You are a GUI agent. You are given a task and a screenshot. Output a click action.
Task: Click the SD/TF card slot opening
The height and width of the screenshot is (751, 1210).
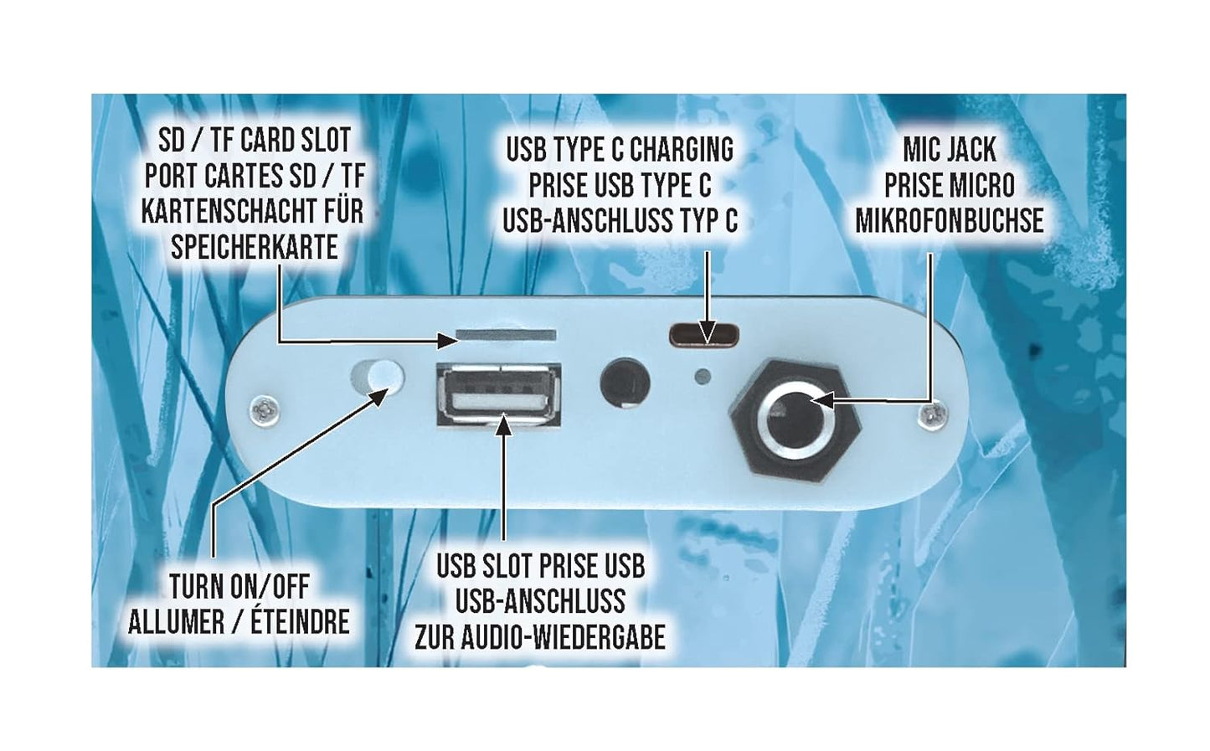[506, 335]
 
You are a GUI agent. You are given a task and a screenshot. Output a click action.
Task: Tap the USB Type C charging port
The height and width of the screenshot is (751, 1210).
[704, 335]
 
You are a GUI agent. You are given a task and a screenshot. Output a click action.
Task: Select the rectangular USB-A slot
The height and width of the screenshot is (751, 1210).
[499, 395]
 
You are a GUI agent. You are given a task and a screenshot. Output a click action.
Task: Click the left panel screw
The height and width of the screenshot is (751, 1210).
[265, 409]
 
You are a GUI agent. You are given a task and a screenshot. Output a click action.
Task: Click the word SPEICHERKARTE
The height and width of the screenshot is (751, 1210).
[255, 249]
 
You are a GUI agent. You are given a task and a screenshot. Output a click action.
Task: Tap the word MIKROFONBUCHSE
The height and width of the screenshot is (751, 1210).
[949, 221]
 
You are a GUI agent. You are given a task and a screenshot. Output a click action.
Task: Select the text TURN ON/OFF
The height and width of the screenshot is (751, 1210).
[239, 587]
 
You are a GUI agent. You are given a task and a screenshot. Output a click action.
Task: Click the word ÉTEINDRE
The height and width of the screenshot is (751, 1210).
[300, 623]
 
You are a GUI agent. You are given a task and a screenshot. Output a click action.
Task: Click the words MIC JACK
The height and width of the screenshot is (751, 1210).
[950, 149]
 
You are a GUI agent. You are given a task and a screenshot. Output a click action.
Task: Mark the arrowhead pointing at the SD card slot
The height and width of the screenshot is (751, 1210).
[446, 341]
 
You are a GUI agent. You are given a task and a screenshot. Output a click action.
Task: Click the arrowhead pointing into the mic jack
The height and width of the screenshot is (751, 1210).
[821, 401]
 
